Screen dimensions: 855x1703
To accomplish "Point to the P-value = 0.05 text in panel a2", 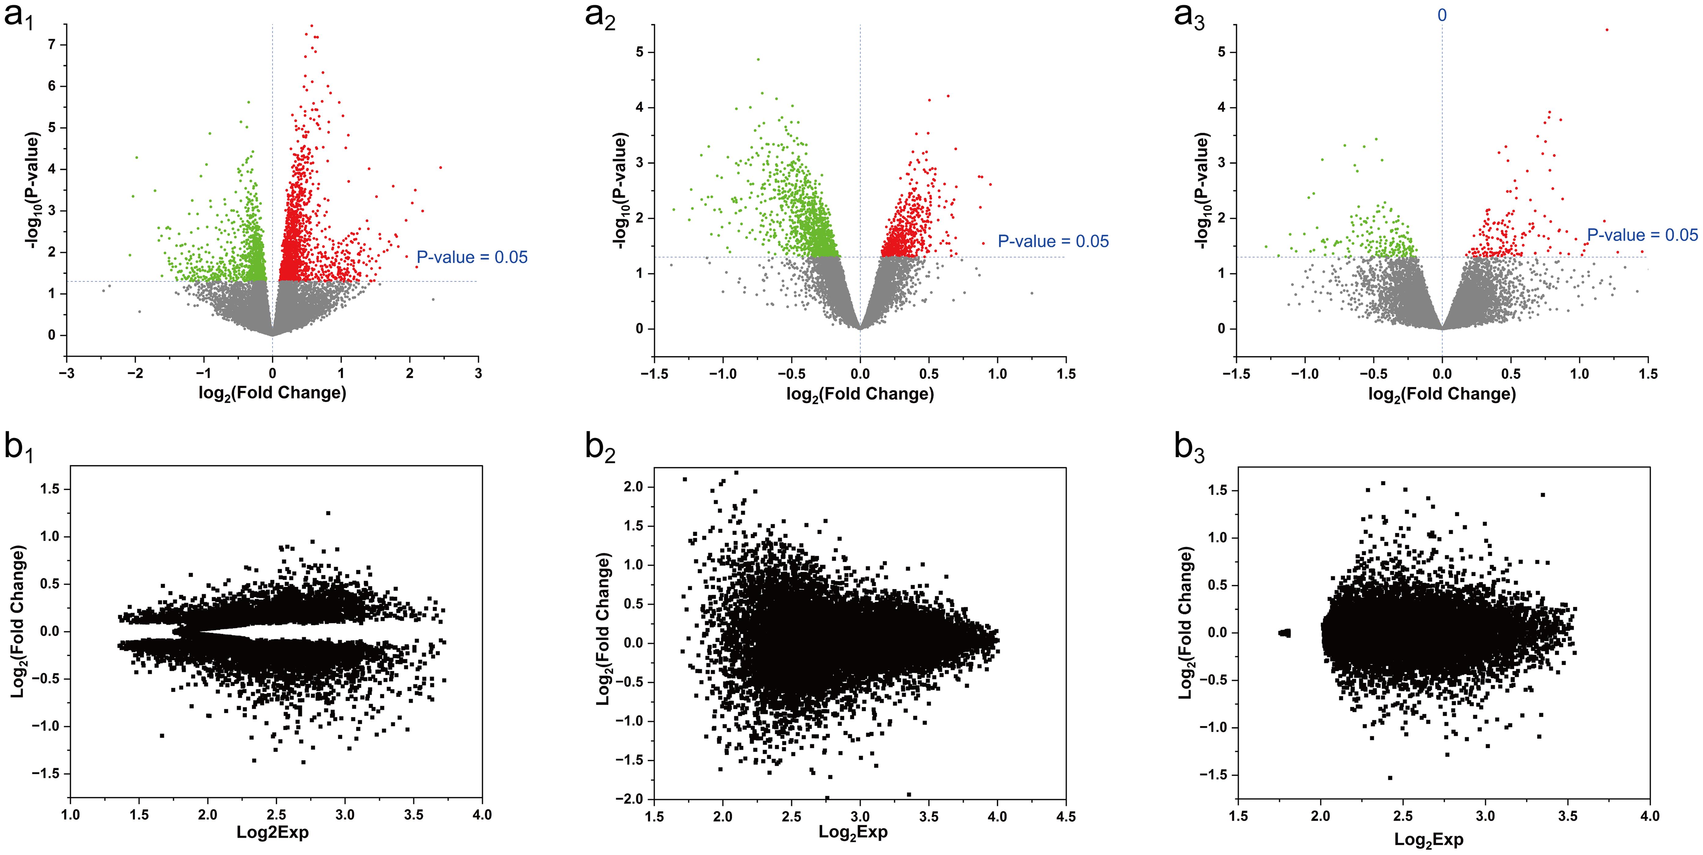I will (x=1053, y=241).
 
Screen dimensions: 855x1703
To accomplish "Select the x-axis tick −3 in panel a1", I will (x=66, y=374).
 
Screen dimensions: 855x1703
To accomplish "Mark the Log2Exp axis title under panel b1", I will (x=272, y=832).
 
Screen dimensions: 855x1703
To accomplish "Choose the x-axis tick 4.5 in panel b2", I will (x=1066, y=817).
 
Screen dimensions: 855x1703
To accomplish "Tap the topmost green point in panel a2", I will (x=758, y=60).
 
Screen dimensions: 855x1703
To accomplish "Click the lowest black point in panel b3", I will (x=1390, y=778).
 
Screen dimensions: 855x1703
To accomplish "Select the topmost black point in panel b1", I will (x=328, y=513).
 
